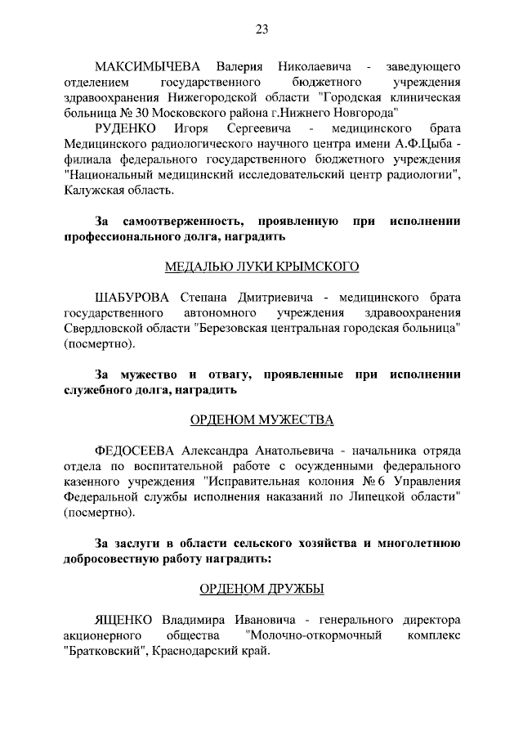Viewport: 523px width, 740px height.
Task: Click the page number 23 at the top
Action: pos(261,29)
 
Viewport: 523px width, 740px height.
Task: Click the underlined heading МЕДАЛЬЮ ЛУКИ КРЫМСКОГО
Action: pos(261,267)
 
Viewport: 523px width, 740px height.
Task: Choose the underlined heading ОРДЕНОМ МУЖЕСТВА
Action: pos(261,420)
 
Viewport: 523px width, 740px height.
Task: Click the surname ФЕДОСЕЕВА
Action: pos(136,451)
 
